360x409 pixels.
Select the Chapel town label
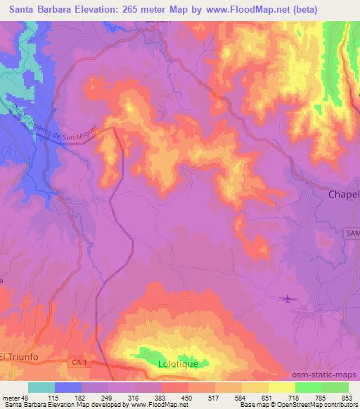pos(344,194)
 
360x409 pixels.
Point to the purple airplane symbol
pos(288,300)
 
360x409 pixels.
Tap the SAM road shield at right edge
pos(352,233)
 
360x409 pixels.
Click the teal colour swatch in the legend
pos(41,387)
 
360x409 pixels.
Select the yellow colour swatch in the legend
pos(282,387)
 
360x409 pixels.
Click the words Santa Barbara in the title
pos(32,10)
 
